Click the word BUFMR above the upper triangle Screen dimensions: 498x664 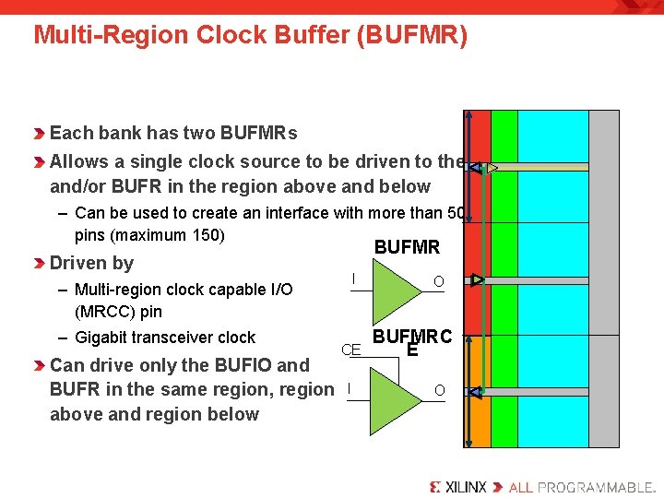pos(407,247)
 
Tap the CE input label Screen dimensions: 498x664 pos(350,350)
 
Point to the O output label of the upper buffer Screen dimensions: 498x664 pos(439,280)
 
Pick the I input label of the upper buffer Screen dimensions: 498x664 pos(353,278)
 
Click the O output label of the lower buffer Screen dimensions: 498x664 pos(439,391)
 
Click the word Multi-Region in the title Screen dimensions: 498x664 pos(89,35)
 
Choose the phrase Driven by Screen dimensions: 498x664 pos(91,263)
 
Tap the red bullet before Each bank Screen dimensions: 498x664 pos(40,134)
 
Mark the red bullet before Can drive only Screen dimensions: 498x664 pos(40,365)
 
